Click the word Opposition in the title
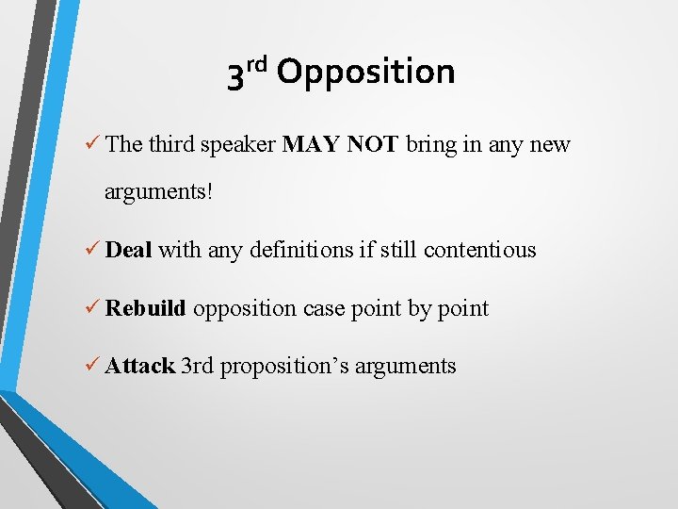tap(366, 73)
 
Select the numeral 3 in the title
tap(236, 75)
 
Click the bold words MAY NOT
tap(341, 144)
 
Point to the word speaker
tap(241, 144)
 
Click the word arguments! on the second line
tap(159, 192)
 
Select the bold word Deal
tap(129, 250)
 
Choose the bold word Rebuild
tap(146, 308)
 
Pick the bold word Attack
tap(139, 366)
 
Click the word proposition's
tap(285, 367)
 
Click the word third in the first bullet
tap(169, 144)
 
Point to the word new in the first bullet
tap(550, 144)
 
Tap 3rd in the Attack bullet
tap(198, 366)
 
